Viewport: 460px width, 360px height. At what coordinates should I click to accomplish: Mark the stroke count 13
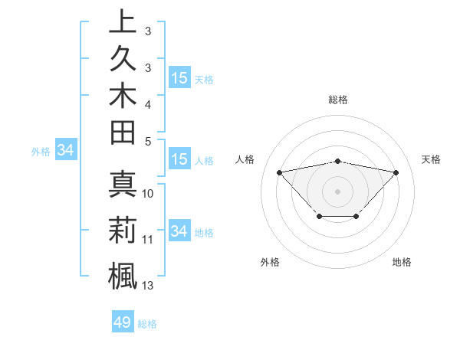(148, 286)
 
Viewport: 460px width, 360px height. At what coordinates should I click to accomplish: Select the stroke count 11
(148, 240)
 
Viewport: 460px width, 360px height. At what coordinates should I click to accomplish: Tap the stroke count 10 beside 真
(148, 194)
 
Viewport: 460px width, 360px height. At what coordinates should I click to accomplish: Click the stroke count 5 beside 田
(148, 140)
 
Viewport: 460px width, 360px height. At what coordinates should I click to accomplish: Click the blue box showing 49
(123, 322)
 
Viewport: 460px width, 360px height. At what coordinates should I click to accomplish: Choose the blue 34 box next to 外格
(65, 151)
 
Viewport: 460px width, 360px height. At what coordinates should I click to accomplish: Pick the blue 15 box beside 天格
(179, 77)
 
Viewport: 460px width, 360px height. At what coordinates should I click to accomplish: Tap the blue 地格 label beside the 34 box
(204, 232)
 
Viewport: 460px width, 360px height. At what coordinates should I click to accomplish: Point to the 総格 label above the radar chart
(337, 100)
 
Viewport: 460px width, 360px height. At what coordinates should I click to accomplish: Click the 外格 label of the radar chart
(270, 262)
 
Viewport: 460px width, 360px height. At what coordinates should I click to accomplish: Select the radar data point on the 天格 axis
(396, 172)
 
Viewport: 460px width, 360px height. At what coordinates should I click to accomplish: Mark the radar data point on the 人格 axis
(279, 172)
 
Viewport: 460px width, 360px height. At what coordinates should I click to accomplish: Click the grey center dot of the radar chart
(337, 191)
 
